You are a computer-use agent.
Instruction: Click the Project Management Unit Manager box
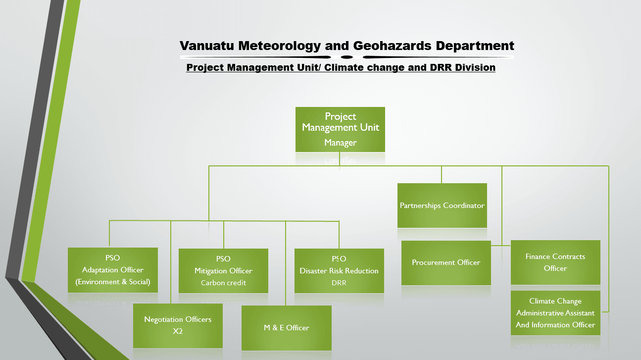pos(340,129)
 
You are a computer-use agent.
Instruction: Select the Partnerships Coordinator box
pos(442,206)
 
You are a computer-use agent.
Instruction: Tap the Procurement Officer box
pos(446,263)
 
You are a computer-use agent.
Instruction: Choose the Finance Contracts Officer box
pos(555,262)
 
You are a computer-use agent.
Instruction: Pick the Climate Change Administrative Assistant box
pos(555,313)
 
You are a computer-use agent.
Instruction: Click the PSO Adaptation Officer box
pos(113,270)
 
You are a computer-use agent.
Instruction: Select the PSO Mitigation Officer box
pos(224,271)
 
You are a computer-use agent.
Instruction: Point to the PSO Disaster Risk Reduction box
pos(339,271)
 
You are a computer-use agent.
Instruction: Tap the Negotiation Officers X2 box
pos(178,326)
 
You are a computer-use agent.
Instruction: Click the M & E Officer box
pos(287,328)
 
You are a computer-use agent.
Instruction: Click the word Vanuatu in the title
pos(207,46)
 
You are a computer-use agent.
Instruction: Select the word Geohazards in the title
pos(392,46)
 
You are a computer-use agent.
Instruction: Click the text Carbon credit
pos(224,283)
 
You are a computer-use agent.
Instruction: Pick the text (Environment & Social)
pos(113,282)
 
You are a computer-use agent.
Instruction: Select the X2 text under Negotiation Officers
pos(178,331)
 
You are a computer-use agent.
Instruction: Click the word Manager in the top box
pos(340,143)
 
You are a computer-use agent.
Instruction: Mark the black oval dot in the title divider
pos(347,57)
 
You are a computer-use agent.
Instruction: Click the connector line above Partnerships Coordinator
pos(442,175)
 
